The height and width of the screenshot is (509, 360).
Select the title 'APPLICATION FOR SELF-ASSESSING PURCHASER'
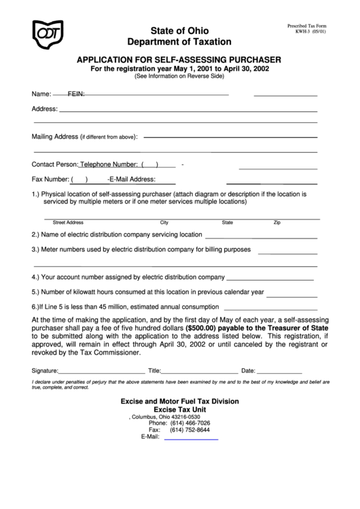coord(180,59)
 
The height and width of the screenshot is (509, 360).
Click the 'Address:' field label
coord(44,109)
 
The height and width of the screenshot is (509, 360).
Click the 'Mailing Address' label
coord(55,136)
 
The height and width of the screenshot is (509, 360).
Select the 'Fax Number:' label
coord(50,179)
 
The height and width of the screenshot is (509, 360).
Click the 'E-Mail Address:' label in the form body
coord(132,179)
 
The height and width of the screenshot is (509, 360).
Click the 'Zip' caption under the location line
coord(276,222)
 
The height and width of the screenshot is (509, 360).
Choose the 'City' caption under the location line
coord(164,222)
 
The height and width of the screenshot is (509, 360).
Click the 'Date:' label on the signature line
coord(248,371)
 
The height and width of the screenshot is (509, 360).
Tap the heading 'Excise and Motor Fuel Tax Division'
coord(180,401)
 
